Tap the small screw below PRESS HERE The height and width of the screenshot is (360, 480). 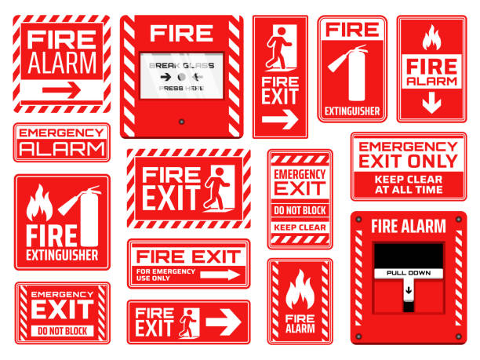point(182,122)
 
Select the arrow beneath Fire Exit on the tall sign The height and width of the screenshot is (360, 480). point(280,120)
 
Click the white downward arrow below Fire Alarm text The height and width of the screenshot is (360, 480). point(431,103)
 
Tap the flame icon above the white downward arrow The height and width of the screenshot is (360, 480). point(431,38)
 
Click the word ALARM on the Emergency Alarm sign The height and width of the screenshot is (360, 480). point(61,148)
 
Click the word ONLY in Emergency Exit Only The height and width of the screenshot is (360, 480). point(438,161)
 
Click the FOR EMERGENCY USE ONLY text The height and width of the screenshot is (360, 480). point(165,275)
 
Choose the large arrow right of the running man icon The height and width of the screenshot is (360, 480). point(224,321)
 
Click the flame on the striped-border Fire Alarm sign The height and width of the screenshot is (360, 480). point(299,292)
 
